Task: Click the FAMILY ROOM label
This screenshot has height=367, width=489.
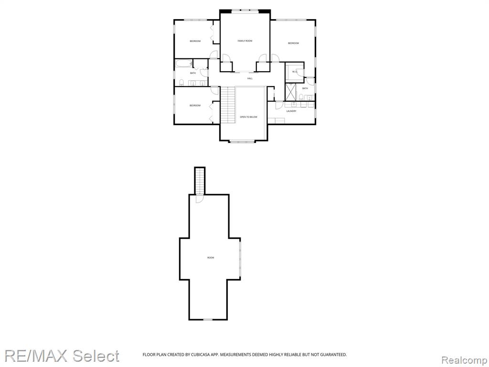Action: point(245,41)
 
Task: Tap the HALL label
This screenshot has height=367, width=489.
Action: point(250,78)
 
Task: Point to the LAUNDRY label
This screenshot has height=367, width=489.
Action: point(291,111)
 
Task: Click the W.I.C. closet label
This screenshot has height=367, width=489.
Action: point(295,72)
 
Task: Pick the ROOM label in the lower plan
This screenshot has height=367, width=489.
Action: point(211,258)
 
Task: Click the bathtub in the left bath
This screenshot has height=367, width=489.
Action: point(183,64)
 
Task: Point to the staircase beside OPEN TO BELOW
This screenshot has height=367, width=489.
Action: point(227,105)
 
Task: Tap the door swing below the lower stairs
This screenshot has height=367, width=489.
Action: point(200,198)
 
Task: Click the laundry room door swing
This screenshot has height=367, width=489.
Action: point(279,105)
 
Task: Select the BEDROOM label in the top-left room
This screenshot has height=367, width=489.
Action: point(195,41)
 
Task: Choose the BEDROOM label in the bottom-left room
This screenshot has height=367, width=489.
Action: point(195,106)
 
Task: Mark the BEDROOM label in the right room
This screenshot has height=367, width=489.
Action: point(293,43)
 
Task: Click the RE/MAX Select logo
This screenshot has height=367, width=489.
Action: point(62,356)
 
